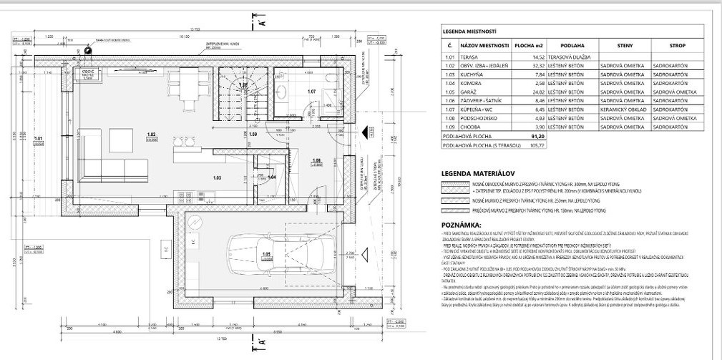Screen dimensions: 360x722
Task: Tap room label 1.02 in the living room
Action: pos(152,135)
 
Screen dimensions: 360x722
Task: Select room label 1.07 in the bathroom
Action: pos(312,92)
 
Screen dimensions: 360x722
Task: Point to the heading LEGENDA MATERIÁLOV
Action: pos(479,173)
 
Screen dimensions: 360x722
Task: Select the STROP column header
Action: pos(677,46)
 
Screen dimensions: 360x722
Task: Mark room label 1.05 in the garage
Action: pos(265,254)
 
